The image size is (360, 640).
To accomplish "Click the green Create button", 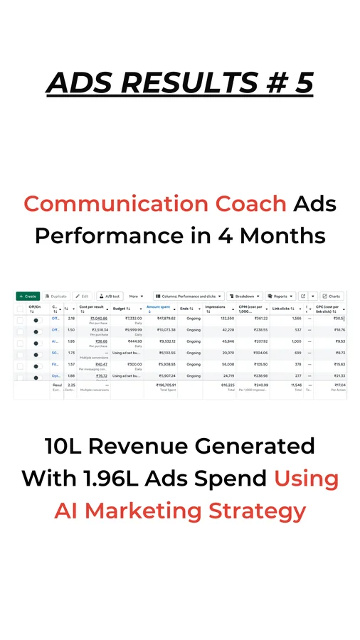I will pyautogui.click(x=28, y=296).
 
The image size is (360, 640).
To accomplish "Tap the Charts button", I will pyautogui.click(x=332, y=296).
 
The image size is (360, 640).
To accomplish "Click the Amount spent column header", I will pyautogui.click(x=159, y=308).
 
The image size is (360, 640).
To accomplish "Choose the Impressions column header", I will pyautogui.click(x=215, y=308).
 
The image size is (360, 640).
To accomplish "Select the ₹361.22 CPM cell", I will pyautogui.click(x=255, y=319).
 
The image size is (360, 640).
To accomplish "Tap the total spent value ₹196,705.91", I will pyautogui.click(x=161, y=385).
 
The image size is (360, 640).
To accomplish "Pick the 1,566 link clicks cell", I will pyautogui.click(x=293, y=319).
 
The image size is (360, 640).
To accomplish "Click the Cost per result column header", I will pyautogui.click(x=92, y=308).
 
